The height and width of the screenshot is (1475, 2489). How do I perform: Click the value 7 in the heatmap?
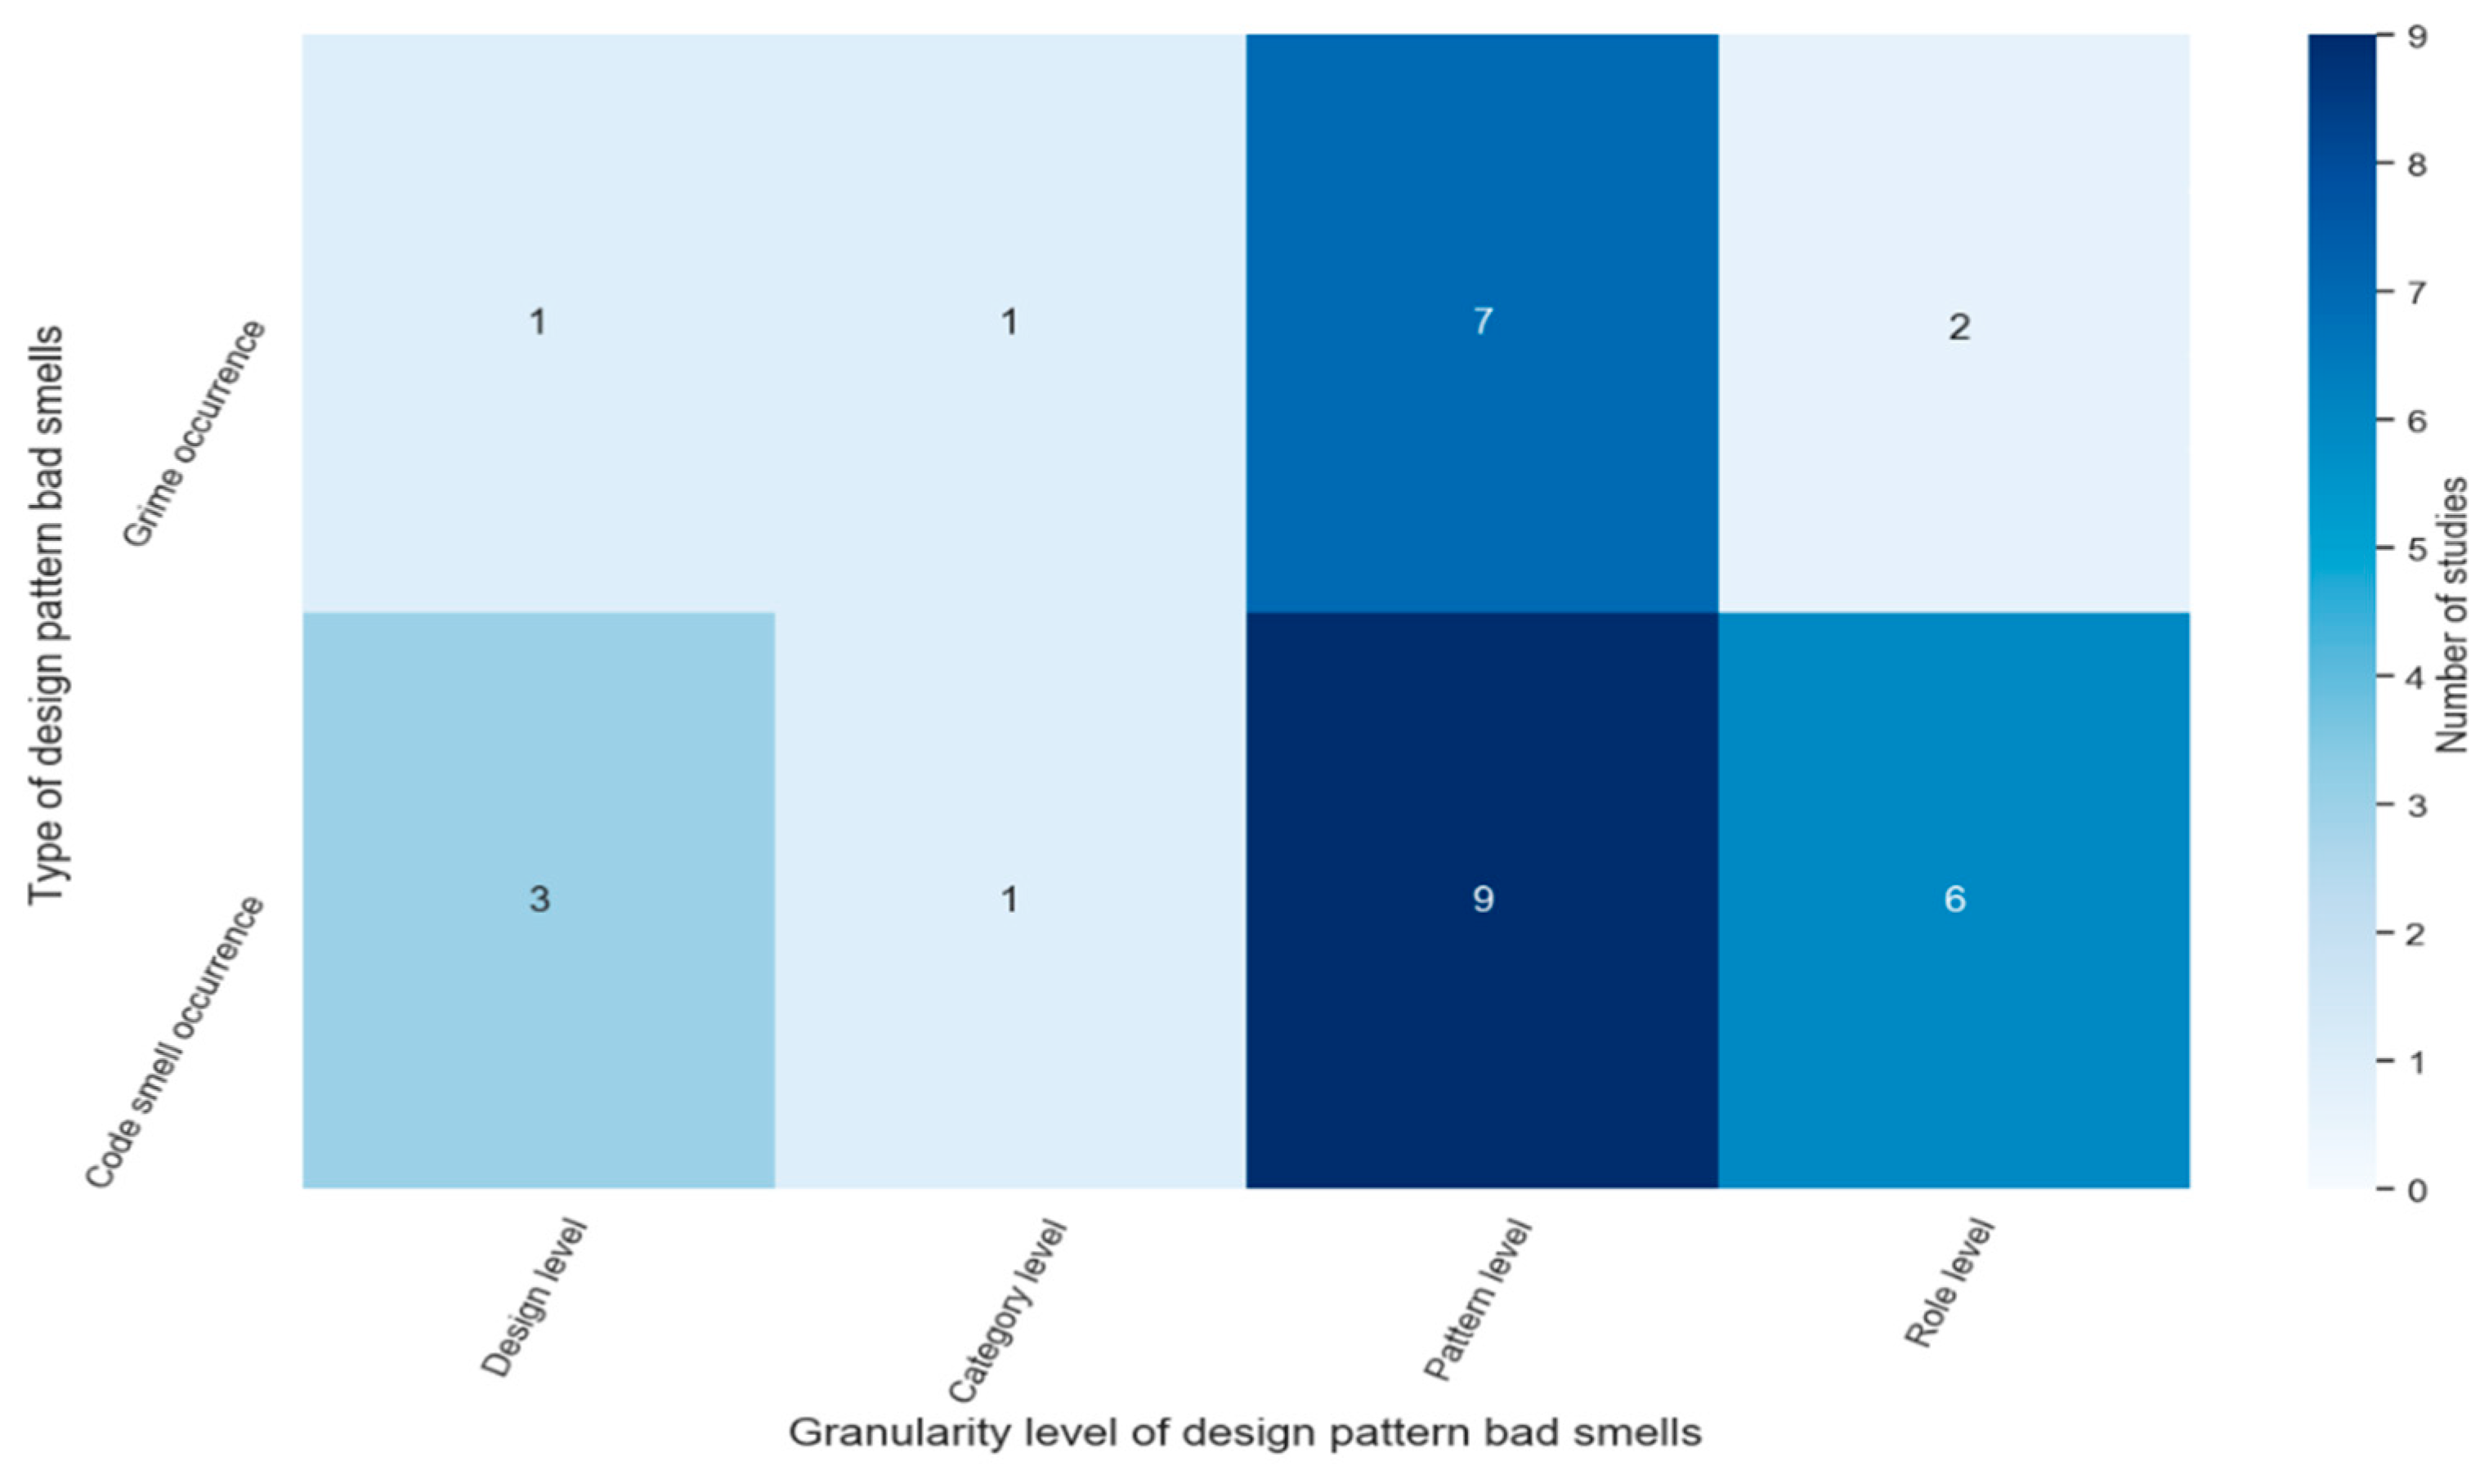tap(1482, 322)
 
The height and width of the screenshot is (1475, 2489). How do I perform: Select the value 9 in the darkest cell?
tap(1482, 900)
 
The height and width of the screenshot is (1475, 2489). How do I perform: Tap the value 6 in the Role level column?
tap(1954, 900)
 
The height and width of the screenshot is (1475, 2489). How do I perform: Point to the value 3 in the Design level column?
tap(539, 900)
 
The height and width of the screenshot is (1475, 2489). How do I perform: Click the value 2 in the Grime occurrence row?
tap(1959, 327)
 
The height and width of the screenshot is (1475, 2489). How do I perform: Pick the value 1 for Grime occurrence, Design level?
tap(538, 322)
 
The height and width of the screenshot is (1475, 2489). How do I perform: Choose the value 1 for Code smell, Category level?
tap(1009, 900)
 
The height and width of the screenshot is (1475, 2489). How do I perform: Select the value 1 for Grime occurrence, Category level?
tap(1009, 322)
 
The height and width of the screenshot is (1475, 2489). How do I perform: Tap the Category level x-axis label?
tap(1006, 1310)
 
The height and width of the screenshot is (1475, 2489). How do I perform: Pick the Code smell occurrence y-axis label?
tap(175, 1042)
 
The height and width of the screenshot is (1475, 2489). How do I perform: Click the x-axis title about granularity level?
tap(1244, 1433)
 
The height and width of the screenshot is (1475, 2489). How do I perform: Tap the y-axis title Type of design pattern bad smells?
tap(46, 615)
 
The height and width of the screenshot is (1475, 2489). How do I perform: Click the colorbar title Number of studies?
tap(2453, 615)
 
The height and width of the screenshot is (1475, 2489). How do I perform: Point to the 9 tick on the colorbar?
tap(2417, 37)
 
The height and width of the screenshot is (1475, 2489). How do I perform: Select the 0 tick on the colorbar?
tap(2417, 1190)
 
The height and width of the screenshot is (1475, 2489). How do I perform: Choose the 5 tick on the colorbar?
tap(2417, 550)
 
